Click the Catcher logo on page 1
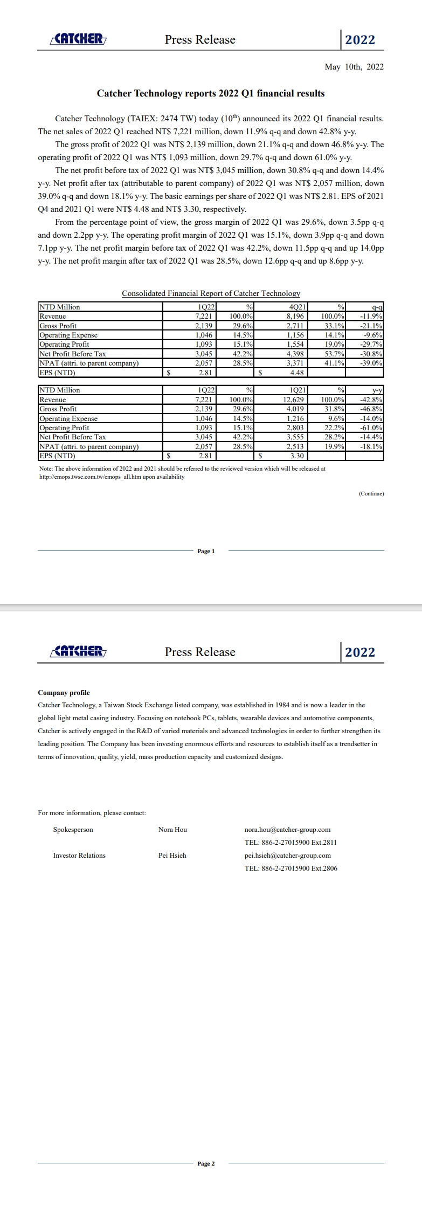tap(78, 39)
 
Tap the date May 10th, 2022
tap(354, 67)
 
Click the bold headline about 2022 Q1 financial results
tap(211, 93)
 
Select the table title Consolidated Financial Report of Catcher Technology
tap(211, 293)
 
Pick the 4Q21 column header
tap(298, 307)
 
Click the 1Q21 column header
tap(298, 390)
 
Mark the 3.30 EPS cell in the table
tap(297, 456)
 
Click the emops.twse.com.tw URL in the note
tap(112, 477)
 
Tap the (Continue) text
tap(371, 493)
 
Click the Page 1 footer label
tap(206, 551)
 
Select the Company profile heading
tap(64, 693)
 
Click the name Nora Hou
tap(172, 830)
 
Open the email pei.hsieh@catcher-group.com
tap(287, 856)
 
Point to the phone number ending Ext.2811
tap(290, 843)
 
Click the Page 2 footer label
tap(206, 1163)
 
